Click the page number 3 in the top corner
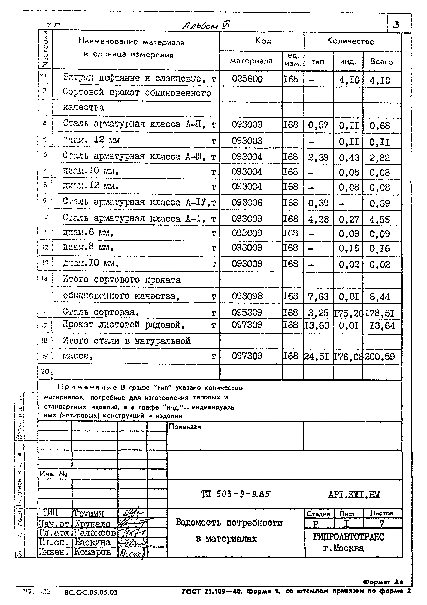point(396,25)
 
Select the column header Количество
point(350,41)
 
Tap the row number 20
point(45,371)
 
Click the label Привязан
point(185,427)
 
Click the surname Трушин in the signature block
point(89,513)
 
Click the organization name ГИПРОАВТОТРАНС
point(349,537)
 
